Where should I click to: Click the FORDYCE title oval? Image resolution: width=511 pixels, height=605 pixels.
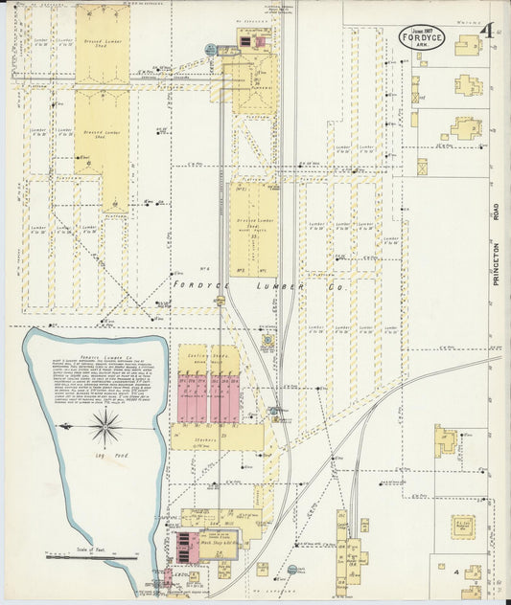(421, 36)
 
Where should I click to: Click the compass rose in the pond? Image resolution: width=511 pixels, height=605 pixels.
(105, 427)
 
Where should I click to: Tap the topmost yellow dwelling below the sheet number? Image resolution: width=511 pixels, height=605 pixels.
(467, 45)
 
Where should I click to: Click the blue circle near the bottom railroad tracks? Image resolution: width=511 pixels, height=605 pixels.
(291, 570)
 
